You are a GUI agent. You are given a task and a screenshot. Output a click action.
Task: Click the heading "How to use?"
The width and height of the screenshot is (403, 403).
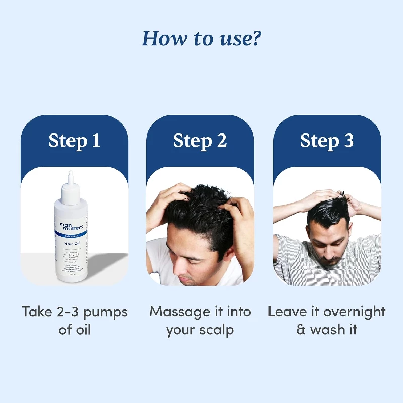pyautogui.click(x=201, y=38)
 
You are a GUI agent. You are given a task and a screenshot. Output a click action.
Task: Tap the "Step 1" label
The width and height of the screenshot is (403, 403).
pyautogui.click(x=74, y=141)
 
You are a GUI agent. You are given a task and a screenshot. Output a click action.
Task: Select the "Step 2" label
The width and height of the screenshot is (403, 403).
pyautogui.click(x=200, y=141)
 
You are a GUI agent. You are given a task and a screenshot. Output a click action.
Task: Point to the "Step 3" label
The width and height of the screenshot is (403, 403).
pyautogui.click(x=327, y=141)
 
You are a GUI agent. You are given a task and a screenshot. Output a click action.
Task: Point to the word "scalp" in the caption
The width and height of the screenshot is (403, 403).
pyautogui.click(x=218, y=331)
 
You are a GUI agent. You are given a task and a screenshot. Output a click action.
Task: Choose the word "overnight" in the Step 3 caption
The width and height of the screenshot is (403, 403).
pyautogui.click(x=355, y=312)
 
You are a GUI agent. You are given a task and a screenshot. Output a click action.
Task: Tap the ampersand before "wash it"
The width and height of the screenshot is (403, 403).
pyautogui.click(x=301, y=330)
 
